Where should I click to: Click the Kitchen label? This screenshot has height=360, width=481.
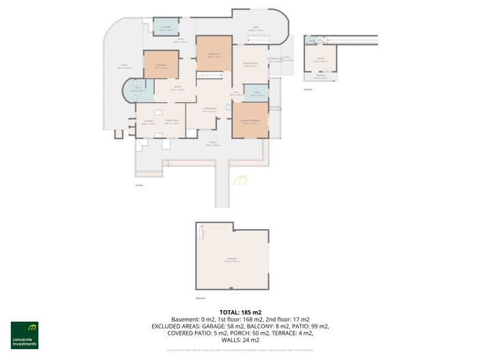[148, 123]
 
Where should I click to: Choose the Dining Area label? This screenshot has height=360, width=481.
[171, 123]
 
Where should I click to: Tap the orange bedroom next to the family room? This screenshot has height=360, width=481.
[213, 56]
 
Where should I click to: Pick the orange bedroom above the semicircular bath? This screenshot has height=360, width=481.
[161, 66]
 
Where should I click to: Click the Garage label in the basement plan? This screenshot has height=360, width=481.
[231, 260]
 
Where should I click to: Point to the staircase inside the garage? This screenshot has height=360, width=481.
[201, 234]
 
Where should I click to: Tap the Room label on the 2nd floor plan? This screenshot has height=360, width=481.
[320, 61]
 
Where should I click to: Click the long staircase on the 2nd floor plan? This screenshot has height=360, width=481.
[355, 41]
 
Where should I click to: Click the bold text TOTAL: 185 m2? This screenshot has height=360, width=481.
[240, 312]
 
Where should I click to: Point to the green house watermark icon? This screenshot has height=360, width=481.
[240, 181]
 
